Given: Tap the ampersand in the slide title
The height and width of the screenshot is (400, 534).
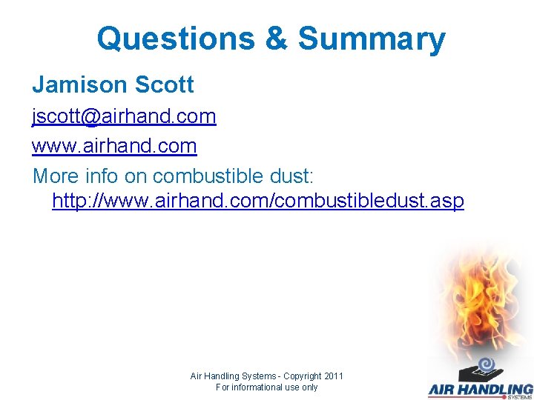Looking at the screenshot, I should pos(276,39).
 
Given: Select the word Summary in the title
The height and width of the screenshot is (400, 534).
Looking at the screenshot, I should pos(372,39).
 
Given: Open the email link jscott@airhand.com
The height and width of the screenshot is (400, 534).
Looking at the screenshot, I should pos(124,116).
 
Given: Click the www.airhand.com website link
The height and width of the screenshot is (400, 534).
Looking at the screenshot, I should pos(114,146).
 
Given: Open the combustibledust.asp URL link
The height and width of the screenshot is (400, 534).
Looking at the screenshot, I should pos(258,201).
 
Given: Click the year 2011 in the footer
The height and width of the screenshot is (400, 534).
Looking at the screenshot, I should pos(332,376).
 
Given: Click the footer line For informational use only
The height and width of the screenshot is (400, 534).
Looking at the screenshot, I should pos(266,387).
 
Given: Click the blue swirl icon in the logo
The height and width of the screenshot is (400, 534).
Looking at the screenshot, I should pos(486,364).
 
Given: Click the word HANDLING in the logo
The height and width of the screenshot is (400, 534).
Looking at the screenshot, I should pos(501,389).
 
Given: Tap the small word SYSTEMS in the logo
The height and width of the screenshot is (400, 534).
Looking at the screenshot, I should pos(519,397).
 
